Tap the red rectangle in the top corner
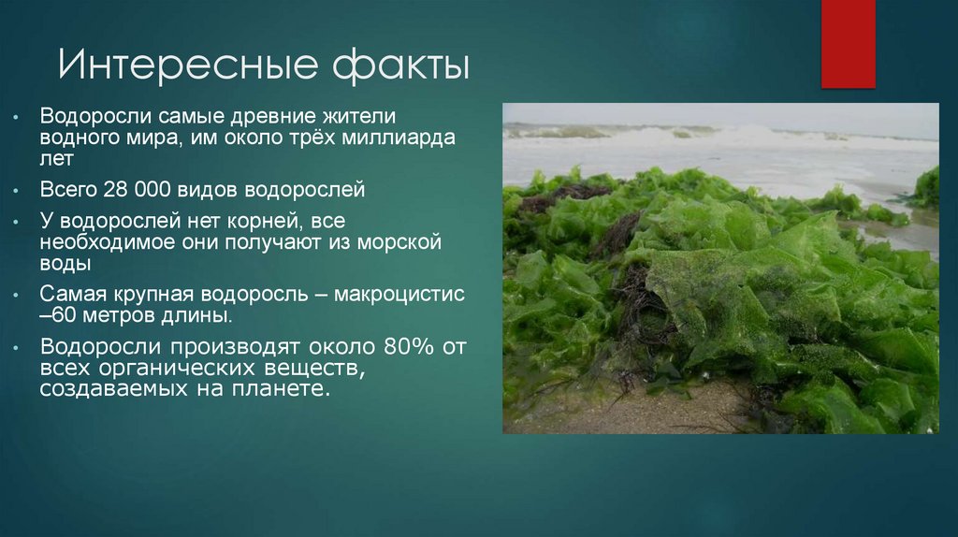(848, 43)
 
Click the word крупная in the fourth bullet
(141, 294)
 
